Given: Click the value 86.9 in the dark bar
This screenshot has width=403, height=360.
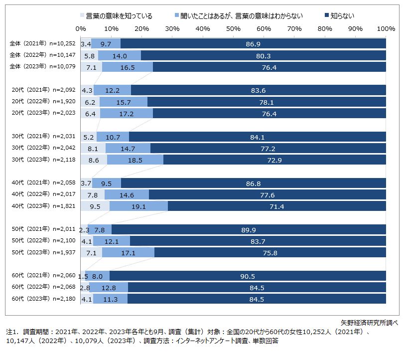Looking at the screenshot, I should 254,44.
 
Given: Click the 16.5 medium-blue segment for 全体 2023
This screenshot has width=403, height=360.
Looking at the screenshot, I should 127,67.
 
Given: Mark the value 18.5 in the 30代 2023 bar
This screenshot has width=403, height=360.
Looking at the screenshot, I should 134,160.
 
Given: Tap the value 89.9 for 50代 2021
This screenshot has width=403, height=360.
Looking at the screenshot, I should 249,229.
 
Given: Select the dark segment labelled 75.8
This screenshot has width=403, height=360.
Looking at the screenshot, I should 270,253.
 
